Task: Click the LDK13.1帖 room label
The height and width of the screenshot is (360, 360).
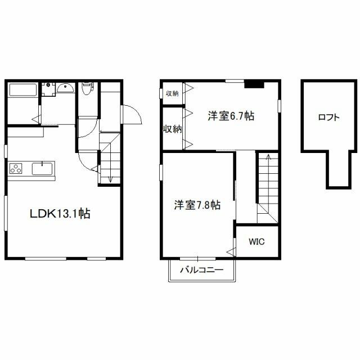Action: [x=60, y=214]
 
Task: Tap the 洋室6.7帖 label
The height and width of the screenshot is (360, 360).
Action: [x=231, y=116]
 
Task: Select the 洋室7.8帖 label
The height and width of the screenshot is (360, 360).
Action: [x=197, y=205]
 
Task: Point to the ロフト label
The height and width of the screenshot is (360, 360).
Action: [x=328, y=118]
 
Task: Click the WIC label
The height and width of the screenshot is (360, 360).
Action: [x=256, y=241]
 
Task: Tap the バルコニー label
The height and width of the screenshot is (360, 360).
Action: [x=201, y=269]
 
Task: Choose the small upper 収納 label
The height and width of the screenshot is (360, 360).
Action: [x=172, y=93]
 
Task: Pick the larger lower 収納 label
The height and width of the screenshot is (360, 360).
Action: [x=173, y=129]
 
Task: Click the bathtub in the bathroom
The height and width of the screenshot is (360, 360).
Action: [x=22, y=91]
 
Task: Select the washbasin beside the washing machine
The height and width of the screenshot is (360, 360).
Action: [x=65, y=88]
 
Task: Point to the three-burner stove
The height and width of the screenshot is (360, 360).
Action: [x=16, y=168]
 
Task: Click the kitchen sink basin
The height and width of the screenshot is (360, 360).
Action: [x=43, y=169]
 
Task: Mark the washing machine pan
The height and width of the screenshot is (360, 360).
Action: [x=48, y=89]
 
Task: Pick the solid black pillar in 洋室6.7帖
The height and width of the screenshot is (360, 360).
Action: [x=254, y=84]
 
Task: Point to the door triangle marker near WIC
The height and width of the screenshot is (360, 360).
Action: [x=231, y=252]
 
